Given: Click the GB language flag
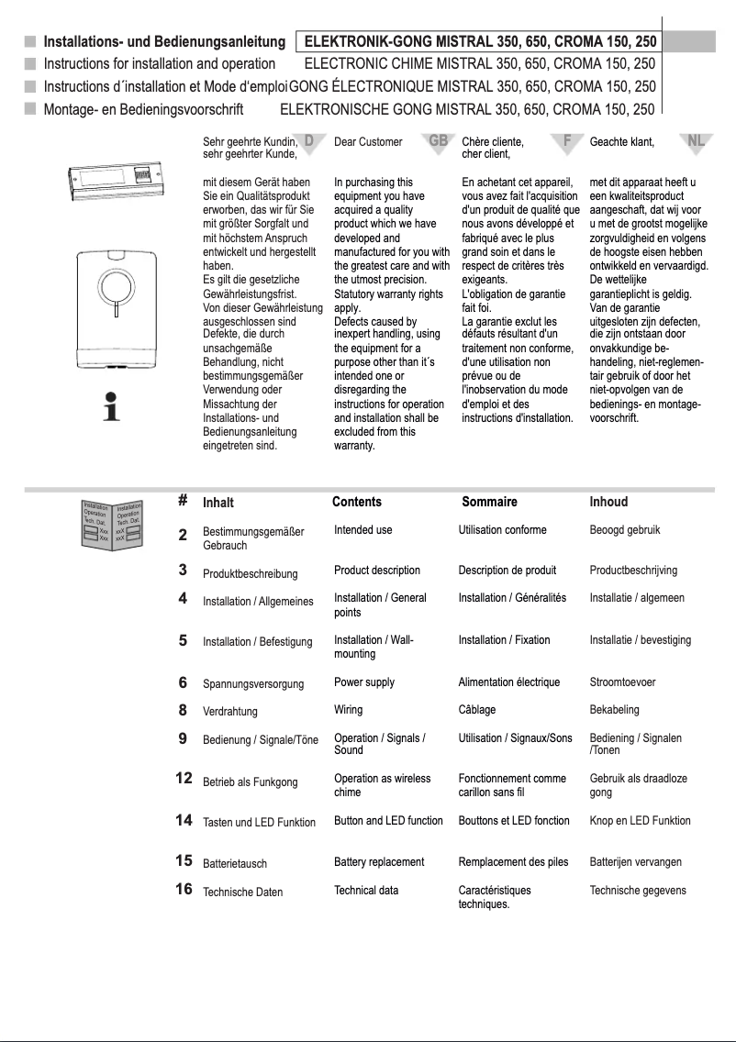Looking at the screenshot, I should (x=439, y=140).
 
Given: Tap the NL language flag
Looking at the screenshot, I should (x=696, y=140).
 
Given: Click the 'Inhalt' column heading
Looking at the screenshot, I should (x=218, y=503).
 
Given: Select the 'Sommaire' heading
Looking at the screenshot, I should (x=489, y=502).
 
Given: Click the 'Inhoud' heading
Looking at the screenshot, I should (x=608, y=502).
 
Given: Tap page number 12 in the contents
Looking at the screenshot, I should (x=184, y=778).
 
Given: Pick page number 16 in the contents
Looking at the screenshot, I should (x=184, y=889).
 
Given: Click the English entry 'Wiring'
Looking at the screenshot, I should (x=348, y=710).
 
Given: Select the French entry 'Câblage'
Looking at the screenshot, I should (x=478, y=710).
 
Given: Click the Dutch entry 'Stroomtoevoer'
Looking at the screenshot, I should (x=622, y=682).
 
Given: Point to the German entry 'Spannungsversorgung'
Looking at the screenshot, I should (x=252, y=684).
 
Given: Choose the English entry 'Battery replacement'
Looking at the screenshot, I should (x=379, y=862).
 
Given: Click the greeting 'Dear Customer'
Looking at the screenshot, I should (x=368, y=142).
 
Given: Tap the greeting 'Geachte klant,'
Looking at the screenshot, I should (x=622, y=142).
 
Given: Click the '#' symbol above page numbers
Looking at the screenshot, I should (x=184, y=501).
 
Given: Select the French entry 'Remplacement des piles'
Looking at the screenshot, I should (x=513, y=862).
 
